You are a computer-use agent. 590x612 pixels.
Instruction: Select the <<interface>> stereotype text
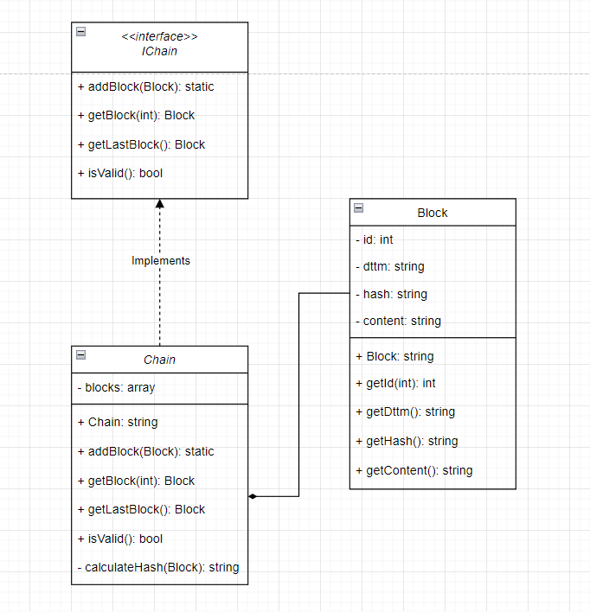(159, 37)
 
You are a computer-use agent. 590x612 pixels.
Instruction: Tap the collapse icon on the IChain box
(80, 31)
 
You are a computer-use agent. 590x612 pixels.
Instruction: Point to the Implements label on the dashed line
(160, 260)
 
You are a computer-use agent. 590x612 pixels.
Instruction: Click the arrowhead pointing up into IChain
(159, 204)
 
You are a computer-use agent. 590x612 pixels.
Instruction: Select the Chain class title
(159, 360)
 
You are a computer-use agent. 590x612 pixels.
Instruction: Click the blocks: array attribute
(116, 387)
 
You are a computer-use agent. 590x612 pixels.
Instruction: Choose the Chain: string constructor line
(118, 423)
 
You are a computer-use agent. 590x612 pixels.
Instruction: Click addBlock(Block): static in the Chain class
(145, 451)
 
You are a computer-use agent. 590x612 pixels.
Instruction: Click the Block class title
(433, 213)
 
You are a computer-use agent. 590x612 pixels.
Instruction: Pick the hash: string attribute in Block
(391, 294)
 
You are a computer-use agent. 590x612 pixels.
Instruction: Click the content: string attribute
(398, 321)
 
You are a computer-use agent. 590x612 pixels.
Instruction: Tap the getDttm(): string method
(405, 411)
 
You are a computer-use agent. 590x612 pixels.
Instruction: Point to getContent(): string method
(414, 470)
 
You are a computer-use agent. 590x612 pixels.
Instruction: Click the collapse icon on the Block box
(358, 207)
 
